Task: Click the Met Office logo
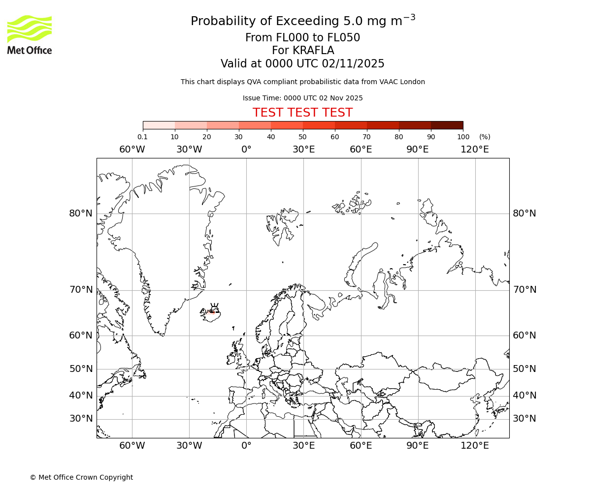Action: pos(30,34)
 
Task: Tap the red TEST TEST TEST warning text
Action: pos(302,113)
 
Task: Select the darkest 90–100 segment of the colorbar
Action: pos(447,125)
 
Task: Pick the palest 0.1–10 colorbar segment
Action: pos(159,125)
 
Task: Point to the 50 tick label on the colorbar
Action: pos(302,137)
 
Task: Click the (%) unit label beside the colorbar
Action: pos(485,137)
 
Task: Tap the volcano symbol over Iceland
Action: pos(214,307)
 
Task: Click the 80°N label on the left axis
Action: pos(81,213)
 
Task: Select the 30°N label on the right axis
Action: pos(525,419)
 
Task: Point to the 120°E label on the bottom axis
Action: pos(475,446)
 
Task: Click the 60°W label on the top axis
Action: pos(132,150)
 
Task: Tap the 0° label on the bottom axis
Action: pos(246,446)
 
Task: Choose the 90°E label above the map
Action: pos(418,150)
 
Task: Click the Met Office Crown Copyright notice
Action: pos(81,477)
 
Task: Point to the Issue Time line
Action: pos(302,98)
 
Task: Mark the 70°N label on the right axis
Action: pos(525,289)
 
